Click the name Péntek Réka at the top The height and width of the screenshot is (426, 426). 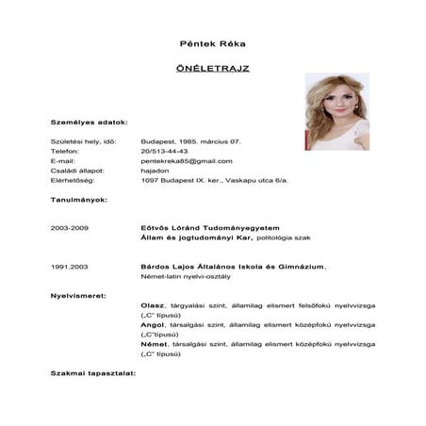(x=212, y=44)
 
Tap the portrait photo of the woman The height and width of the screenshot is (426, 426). (x=336, y=111)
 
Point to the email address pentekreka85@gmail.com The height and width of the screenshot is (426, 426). (x=186, y=161)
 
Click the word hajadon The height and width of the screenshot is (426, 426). (x=154, y=171)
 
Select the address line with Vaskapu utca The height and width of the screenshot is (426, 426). (x=201, y=180)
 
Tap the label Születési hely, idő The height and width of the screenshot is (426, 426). (x=82, y=141)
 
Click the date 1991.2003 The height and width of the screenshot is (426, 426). (x=69, y=267)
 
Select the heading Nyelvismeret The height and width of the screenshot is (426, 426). (x=78, y=296)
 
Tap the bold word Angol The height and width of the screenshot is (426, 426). (x=152, y=325)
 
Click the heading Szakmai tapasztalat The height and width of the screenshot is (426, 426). (x=92, y=373)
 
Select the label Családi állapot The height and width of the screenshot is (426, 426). (x=75, y=171)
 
